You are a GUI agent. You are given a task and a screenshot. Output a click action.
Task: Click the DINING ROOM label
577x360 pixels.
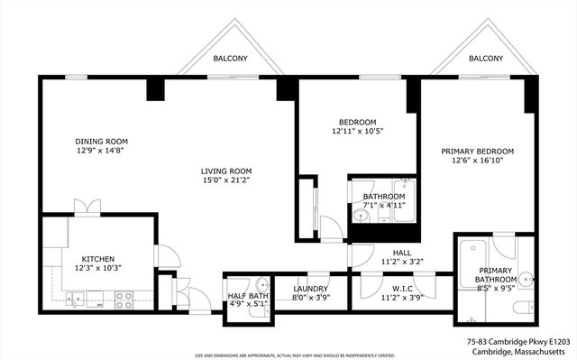(101, 142)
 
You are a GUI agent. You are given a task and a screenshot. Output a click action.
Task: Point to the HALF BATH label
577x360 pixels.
(247, 296)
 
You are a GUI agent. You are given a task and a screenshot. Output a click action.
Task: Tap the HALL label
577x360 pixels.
(401, 253)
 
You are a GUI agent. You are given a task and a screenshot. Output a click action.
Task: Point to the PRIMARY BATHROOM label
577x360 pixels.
(497, 274)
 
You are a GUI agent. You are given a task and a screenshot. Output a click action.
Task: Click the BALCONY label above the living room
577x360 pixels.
(231, 59)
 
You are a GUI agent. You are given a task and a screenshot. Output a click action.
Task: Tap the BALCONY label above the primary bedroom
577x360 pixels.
(486, 59)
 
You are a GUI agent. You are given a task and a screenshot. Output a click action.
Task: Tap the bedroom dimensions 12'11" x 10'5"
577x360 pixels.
(357, 133)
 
